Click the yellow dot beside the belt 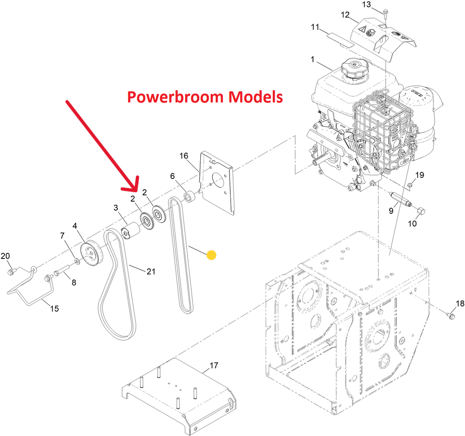coord(211,255)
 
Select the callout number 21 coord(151,272)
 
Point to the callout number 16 coord(183,156)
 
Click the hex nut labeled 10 coord(420,211)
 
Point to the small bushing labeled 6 coord(189,197)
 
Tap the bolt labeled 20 coord(10,272)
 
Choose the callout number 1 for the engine coord(312,59)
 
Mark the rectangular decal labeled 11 coord(340,38)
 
